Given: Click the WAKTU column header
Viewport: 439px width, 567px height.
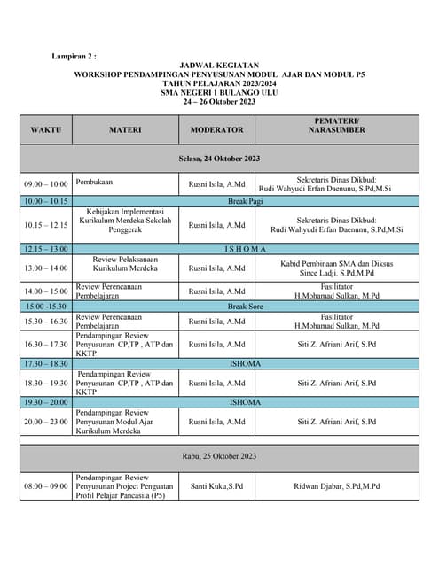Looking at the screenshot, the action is [46, 129].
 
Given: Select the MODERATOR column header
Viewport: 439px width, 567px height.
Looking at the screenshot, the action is [216, 129].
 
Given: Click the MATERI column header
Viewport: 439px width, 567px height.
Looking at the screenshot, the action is [125, 129].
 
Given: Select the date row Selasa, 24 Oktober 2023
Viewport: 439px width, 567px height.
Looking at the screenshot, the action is [218, 159].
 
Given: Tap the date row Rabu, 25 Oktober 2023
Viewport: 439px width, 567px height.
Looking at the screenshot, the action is [218, 456].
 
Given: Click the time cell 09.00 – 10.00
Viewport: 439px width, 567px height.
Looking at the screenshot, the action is [46, 184].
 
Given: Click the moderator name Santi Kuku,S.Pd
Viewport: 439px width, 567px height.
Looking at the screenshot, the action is [216, 486].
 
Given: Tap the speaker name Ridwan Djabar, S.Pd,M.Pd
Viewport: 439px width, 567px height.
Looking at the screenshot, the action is [336, 486].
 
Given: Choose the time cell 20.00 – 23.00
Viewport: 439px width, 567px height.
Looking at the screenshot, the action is [46, 423].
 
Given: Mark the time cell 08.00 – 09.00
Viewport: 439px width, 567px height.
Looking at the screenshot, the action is [46, 486].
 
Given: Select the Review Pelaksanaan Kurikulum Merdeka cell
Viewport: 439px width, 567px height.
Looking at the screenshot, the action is [125, 268].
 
